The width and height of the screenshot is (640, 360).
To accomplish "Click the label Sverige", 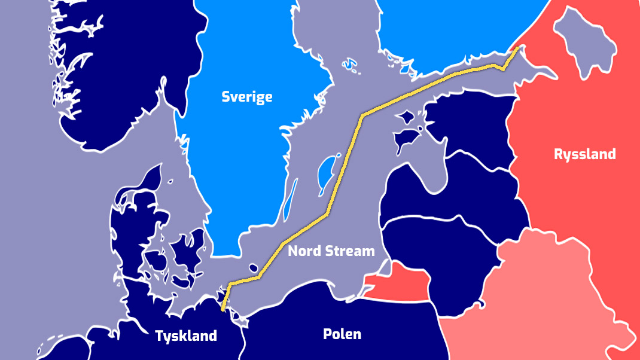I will [x=246, y=97].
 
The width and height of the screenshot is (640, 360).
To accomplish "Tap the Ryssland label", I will [x=584, y=154].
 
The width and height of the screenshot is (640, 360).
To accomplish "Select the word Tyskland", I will [x=186, y=336].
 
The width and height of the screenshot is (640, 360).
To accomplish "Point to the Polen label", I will [x=342, y=334].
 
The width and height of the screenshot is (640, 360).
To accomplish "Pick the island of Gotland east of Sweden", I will [x=327, y=171].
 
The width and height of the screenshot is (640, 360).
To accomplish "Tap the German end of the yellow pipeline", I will [x=223, y=309].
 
